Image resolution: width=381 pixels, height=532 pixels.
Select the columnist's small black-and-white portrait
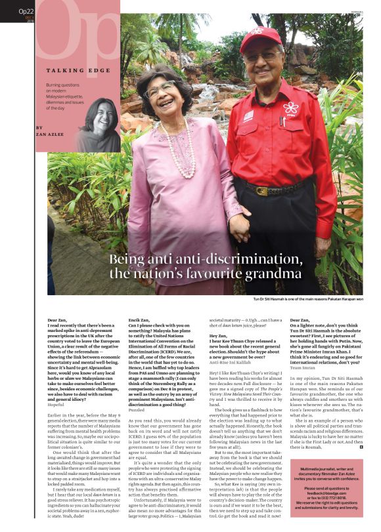pos(99,125)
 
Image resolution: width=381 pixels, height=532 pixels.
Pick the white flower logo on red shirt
pos(290,108)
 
